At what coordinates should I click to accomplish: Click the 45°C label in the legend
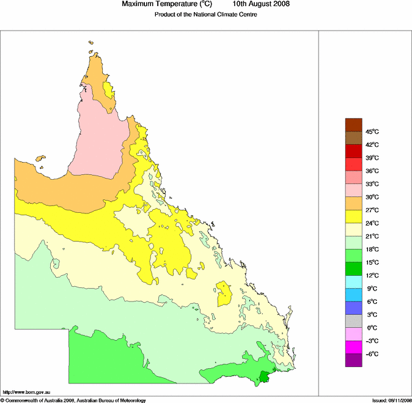[372, 131]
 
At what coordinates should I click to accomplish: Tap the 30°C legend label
[372, 197]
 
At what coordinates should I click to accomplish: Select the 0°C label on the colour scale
[372, 328]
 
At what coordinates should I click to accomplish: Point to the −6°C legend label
[372, 354]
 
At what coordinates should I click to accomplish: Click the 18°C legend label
[372, 250]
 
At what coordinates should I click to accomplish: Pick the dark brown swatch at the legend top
[354, 125]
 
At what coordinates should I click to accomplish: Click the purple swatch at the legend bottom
[354, 361]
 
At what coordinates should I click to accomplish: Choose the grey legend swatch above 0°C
[354, 321]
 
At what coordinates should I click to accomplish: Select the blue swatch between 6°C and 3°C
[354, 308]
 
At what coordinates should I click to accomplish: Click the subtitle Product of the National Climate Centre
[201, 15]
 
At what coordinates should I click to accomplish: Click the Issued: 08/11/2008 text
[391, 400]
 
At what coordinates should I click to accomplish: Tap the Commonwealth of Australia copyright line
[73, 400]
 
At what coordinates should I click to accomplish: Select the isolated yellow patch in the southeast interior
[224, 294]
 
